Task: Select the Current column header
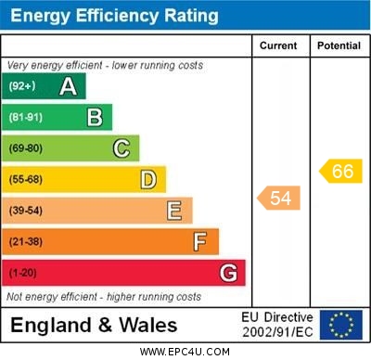click(278, 45)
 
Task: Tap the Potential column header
click(339, 45)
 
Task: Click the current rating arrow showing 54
click(278, 198)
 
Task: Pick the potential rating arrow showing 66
click(340, 171)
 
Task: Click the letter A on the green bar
click(68, 86)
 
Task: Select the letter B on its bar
click(95, 117)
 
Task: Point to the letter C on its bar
click(122, 148)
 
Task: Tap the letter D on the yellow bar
click(148, 179)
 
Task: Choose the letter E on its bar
click(174, 211)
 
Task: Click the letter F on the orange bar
click(200, 241)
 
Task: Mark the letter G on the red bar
click(228, 273)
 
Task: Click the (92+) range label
click(22, 86)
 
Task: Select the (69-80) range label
click(26, 148)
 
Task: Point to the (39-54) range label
click(26, 211)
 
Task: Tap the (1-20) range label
click(23, 273)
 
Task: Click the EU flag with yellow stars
click(340, 325)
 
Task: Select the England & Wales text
click(94, 325)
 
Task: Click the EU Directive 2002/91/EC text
click(277, 325)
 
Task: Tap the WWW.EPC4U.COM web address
click(185, 352)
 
